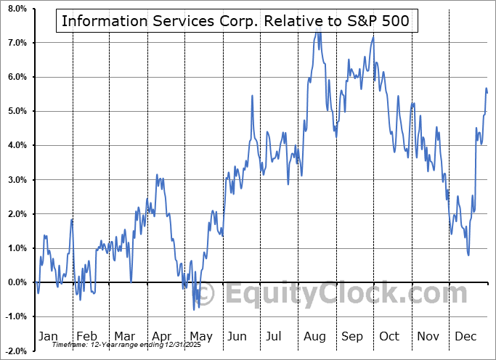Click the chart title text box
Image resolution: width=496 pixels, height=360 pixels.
coord(236,20)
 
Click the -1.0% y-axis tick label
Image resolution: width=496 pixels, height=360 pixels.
coord(15,316)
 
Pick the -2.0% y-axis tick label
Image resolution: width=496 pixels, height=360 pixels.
coord(15,351)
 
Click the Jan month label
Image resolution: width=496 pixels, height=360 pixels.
coord(49,337)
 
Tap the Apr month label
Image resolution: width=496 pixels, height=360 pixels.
coord(162,337)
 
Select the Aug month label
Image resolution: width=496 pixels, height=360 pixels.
coord(314,337)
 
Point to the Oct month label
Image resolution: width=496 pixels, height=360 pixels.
coord(390,337)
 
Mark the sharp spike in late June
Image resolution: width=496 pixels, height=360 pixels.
coord(252,96)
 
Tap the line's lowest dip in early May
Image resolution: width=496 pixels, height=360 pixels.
coord(194,309)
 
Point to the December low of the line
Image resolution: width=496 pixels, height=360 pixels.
coord(468,255)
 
